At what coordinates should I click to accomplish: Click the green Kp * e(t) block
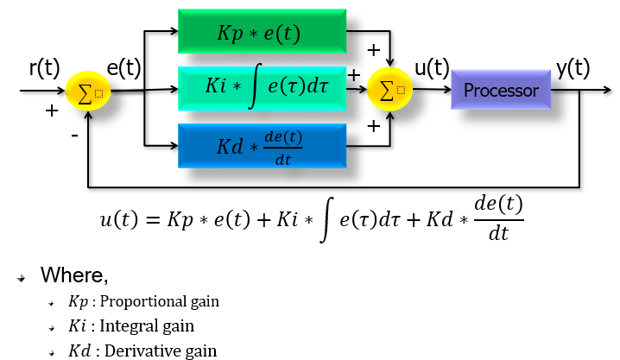(262, 34)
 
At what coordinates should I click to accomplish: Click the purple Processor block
(501, 90)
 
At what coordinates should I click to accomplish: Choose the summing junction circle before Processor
(389, 91)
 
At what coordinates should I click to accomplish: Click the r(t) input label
(43, 68)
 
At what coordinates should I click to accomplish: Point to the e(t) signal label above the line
(123, 68)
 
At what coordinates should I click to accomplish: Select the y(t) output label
(573, 67)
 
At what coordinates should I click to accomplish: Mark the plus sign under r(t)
(52, 111)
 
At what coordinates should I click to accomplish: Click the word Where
(74, 276)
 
